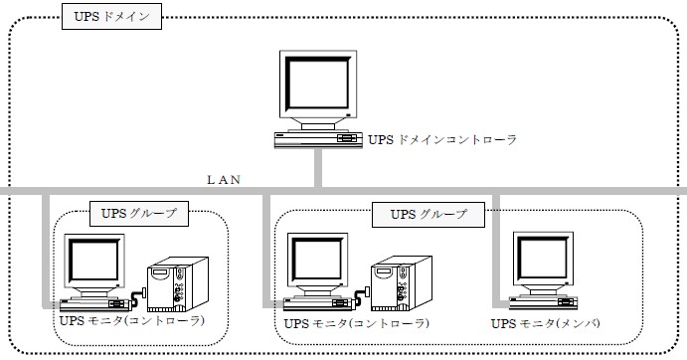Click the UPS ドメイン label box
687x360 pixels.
111,17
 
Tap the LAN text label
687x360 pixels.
224,180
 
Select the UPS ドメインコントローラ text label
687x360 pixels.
442,140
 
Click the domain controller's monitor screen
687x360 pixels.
317,84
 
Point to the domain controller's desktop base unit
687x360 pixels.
318,140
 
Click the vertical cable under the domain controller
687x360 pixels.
318,168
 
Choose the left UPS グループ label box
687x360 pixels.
139,214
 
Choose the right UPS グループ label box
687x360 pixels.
429,215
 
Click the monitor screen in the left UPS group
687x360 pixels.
94,260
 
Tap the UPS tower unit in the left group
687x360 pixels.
177,284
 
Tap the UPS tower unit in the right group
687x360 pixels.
402,283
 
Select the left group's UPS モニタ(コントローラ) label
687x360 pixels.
132,321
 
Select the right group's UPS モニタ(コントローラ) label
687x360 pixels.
357,323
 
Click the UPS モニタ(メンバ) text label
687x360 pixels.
546,323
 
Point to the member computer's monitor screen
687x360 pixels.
543,259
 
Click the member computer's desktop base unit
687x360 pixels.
543,302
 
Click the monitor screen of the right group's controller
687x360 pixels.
317,260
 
